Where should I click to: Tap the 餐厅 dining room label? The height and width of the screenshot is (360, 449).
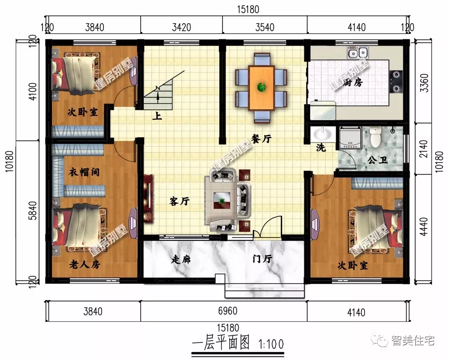[261, 138]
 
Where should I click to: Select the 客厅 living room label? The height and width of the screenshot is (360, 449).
[179, 202]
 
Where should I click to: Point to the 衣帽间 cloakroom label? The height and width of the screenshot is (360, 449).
[84, 172]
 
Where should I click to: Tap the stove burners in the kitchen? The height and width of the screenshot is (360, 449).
[396, 81]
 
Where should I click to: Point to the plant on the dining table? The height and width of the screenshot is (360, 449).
[261, 87]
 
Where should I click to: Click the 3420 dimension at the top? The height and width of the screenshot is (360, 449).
[181, 27]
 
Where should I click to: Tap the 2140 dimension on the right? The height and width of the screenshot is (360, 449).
[424, 149]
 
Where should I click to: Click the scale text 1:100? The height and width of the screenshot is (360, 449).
[271, 344]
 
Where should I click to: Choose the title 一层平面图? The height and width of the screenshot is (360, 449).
[221, 343]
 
